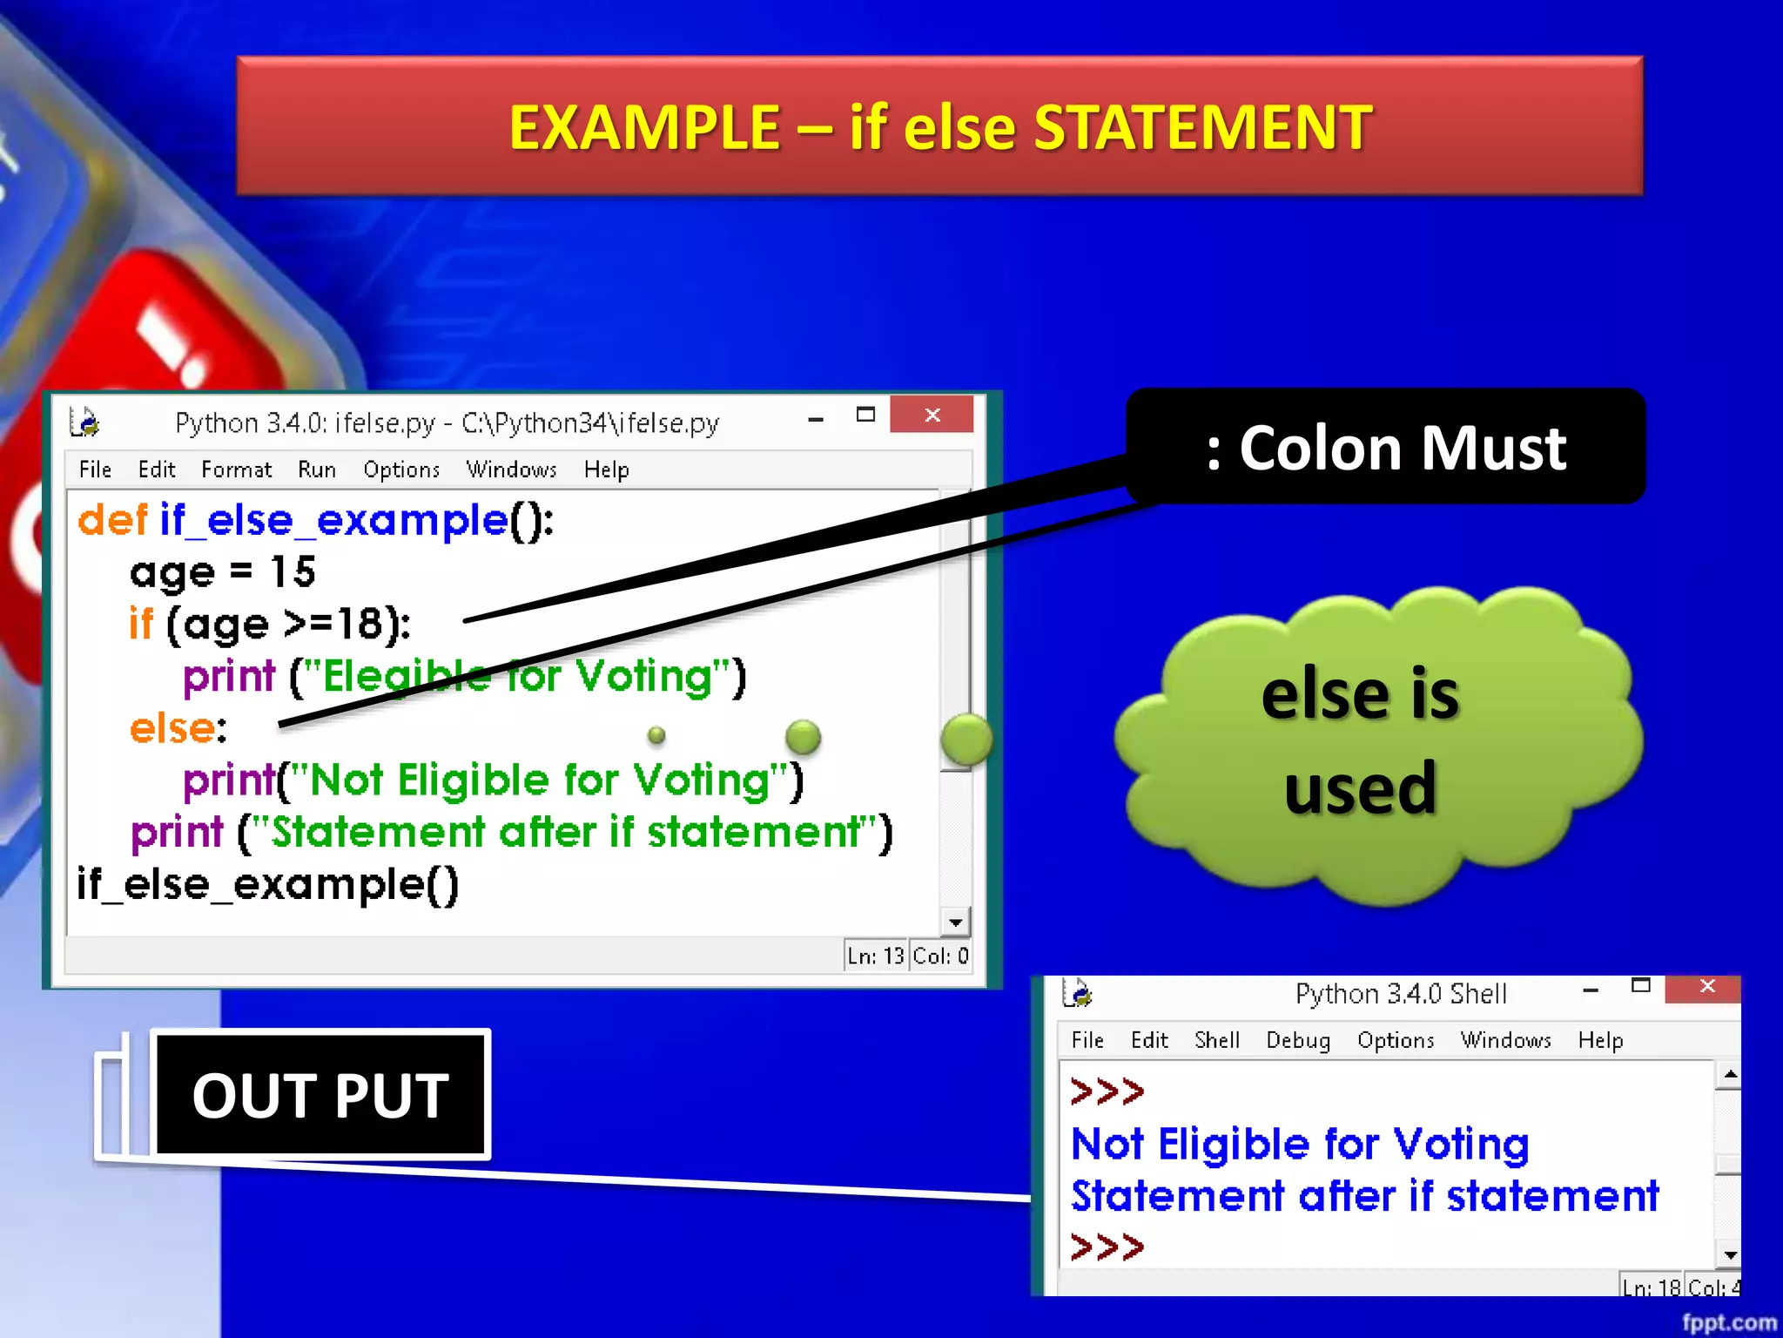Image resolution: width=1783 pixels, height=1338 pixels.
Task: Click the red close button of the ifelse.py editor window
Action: [x=931, y=415]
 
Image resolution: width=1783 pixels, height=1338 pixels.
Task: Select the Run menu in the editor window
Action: [x=316, y=470]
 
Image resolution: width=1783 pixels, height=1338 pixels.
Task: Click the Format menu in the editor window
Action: [x=236, y=470]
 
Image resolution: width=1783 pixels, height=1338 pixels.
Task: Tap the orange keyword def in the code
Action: [x=112, y=520]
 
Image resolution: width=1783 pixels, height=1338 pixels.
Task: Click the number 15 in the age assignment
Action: [x=292, y=572]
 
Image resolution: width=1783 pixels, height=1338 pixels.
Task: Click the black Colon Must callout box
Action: [x=1384, y=447]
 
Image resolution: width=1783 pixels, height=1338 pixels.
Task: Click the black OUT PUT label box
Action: [x=320, y=1094]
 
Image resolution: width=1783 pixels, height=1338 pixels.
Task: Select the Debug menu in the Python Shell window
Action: [x=1297, y=1040]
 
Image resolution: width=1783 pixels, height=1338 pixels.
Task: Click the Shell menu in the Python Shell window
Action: [x=1216, y=1040]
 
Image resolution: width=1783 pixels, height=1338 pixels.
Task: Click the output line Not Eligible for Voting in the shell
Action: [x=1299, y=1144]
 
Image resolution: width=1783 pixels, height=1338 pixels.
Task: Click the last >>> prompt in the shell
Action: [x=1107, y=1247]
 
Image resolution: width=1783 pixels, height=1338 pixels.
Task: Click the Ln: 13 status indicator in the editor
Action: [x=875, y=956]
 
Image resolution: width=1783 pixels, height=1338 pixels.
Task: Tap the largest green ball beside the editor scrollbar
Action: [x=966, y=740]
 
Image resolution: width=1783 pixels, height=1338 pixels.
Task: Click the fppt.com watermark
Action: [x=1728, y=1321]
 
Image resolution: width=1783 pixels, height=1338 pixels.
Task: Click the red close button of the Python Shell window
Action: [x=1706, y=987]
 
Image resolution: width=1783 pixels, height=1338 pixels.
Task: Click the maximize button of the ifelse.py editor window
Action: [x=865, y=415]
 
